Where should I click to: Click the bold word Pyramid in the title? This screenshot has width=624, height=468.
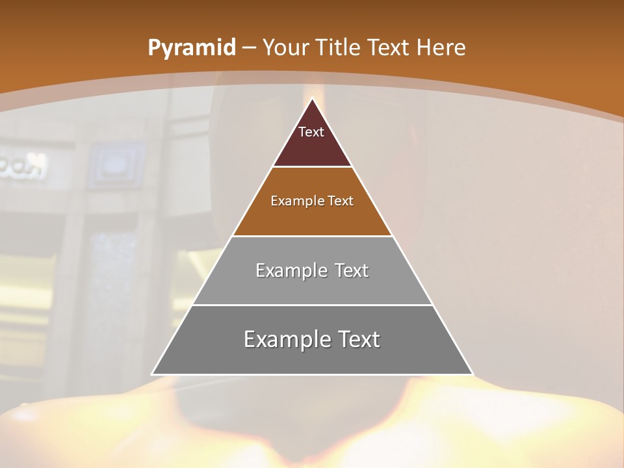pyautogui.click(x=191, y=48)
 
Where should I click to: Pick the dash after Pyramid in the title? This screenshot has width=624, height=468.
pyautogui.click(x=249, y=48)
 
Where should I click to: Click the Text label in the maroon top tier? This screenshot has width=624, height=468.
pyautogui.click(x=311, y=132)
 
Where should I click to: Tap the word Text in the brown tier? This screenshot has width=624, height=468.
pyautogui.click(x=341, y=201)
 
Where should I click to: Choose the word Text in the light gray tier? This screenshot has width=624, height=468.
pyautogui.click(x=352, y=270)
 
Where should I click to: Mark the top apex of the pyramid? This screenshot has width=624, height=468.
pyautogui.click(x=312, y=99)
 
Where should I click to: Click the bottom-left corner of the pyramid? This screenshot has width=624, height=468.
pyautogui.click(x=152, y=374)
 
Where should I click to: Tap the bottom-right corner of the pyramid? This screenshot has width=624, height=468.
pyautogui.click(x=473, y=374)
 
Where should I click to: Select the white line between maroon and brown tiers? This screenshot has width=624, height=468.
pyautogui.click(x=312, y=167)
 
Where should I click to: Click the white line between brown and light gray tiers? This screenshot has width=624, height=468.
pyautogui.click(x=312, y=236)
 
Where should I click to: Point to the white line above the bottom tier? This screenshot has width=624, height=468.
pyautogui.click(x=312, y=305)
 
